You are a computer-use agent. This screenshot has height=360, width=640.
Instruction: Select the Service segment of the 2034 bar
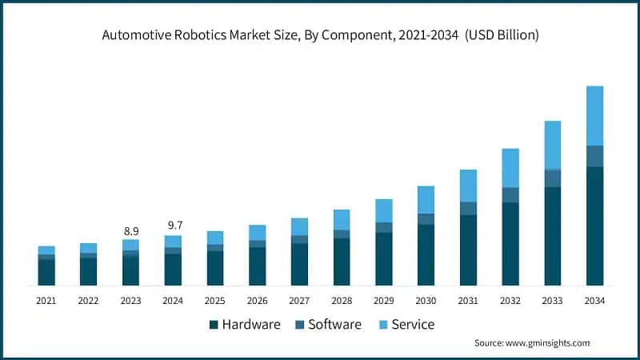pyautogui.click(x=594, y=115)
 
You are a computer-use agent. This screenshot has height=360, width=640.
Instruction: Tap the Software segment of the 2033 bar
pyautogui.click(x=552, y=178)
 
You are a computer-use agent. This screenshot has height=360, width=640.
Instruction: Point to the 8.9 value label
pyautogui.click(x=130, y=231)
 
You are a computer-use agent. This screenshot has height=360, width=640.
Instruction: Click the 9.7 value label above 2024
pyautogui.click(x=173, y=226)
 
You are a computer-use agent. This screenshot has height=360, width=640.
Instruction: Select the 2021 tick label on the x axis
pyautogui.click(x=46, y=301)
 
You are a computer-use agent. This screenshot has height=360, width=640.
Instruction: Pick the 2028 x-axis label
pyautogui.click(x=342, y=301)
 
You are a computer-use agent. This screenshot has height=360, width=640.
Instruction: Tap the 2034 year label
pyautogui.click(x=594, y=301)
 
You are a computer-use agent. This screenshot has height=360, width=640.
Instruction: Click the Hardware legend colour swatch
pyautogui.click(x=214, y=325)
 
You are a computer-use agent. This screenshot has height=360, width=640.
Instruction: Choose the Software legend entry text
pyautogui.click(x=334, y=324)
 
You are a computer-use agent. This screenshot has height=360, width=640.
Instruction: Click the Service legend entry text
pyautogui.click(x=413, y=324)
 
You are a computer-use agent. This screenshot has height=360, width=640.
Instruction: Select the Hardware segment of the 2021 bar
pyautogui.click(x=46, y=272)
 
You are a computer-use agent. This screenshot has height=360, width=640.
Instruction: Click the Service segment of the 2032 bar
pyautogui.click(x=510, y=168)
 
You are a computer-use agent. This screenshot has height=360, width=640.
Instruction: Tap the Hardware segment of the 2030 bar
pyautogui.click(x=426, y=254)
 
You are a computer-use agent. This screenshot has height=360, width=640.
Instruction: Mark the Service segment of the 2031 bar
pyautogui.click(x=468, y=186)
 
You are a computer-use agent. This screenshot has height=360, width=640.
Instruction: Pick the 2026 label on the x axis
pyautogui.click(x=257, y=301)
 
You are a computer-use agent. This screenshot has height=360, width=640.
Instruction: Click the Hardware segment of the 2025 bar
pyautogui.click(x=215, y=268)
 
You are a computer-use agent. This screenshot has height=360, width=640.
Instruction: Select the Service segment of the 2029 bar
pyautogui.click(x=384, y=210)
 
